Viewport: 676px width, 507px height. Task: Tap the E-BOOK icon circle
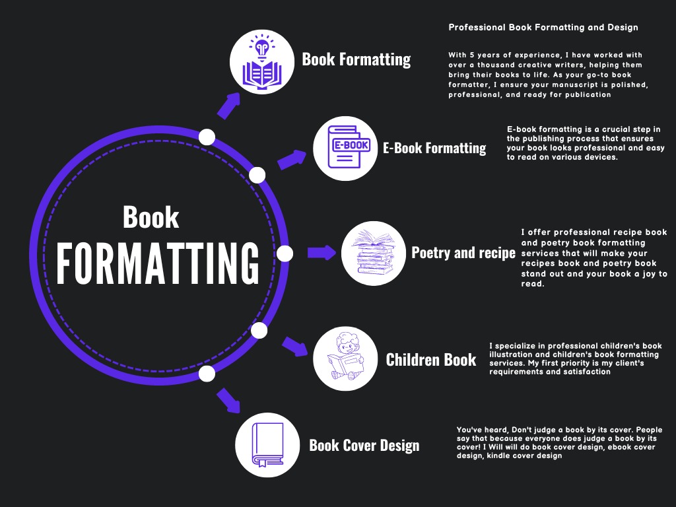345,148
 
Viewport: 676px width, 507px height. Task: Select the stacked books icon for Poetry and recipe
372,253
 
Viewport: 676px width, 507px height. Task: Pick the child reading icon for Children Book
345,360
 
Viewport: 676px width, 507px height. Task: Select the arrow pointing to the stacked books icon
322,252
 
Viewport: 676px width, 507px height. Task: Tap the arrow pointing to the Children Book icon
295,346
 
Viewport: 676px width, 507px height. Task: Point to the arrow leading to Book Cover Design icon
228,399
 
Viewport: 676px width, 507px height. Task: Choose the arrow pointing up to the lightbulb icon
229,105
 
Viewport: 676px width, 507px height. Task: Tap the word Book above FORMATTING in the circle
151,218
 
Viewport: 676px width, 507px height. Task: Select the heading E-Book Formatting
434,148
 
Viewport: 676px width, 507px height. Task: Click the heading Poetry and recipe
463,253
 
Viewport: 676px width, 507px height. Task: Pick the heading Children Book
430,360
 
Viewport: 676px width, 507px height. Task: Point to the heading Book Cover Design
364,445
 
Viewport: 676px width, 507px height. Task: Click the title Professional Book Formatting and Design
543,28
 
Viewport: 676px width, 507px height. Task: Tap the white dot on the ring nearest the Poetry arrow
285,253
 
